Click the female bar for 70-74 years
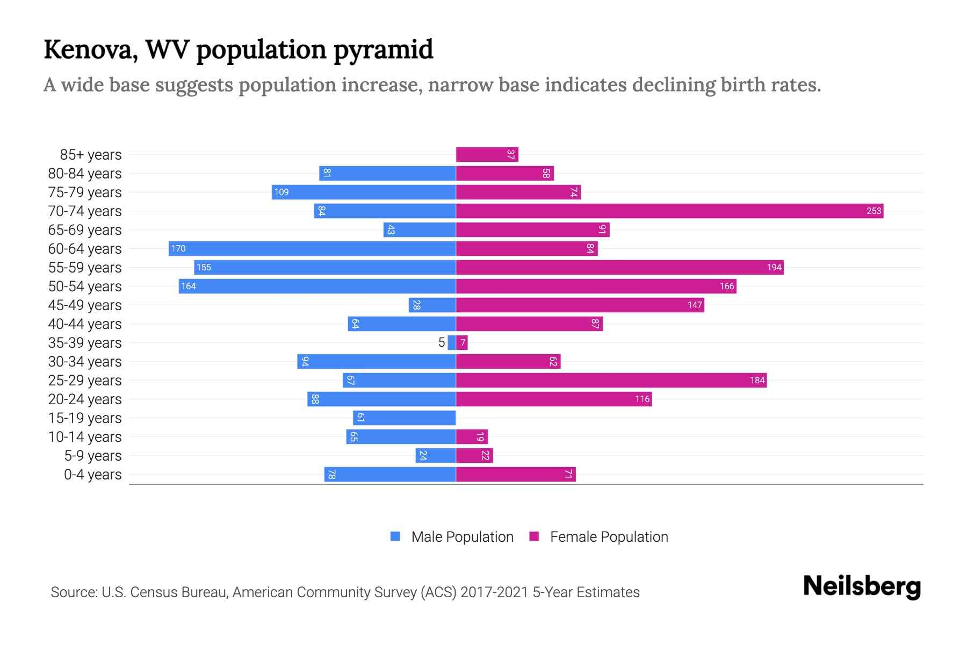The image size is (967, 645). [669, 211]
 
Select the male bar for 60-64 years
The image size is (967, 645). [312, 248]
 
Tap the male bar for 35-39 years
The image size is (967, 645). [452, 342]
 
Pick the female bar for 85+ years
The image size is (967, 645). [487, 154]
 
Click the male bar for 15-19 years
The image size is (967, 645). [404, 418]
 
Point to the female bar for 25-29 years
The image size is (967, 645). [611, 380]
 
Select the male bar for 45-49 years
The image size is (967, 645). [432, 305]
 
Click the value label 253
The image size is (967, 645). [874, 211]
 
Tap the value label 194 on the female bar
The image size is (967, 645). [774, 267]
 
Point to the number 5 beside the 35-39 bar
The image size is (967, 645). [442, 342]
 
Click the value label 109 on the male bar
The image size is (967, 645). [282, 192]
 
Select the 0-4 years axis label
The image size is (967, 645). [92, 475]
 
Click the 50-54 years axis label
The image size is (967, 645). [85, 286]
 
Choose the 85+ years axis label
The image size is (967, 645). [91, 155]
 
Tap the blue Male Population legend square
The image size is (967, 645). [395, 536]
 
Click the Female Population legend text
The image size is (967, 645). [609, 536]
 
